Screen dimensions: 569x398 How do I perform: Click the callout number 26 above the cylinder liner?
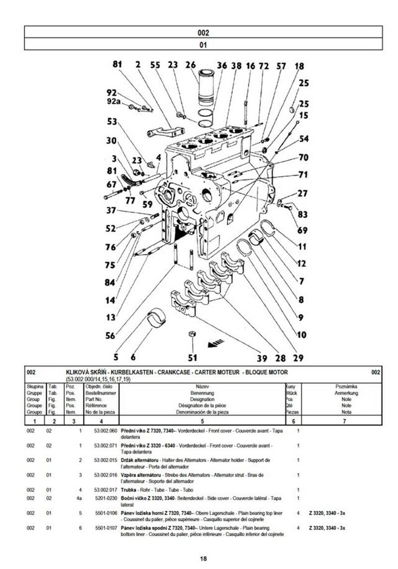pyautogui.click(x=191, y=65)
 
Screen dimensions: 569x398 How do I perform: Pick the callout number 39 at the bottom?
pyautogui.click(x=262, y=358)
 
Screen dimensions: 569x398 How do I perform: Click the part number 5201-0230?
pyautogui.click(x=105, y=498)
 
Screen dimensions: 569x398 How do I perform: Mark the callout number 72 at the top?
pyautogui.click(x=263, y=65)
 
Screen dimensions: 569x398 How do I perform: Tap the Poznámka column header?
pyautogui.click(x=346, y=386)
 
